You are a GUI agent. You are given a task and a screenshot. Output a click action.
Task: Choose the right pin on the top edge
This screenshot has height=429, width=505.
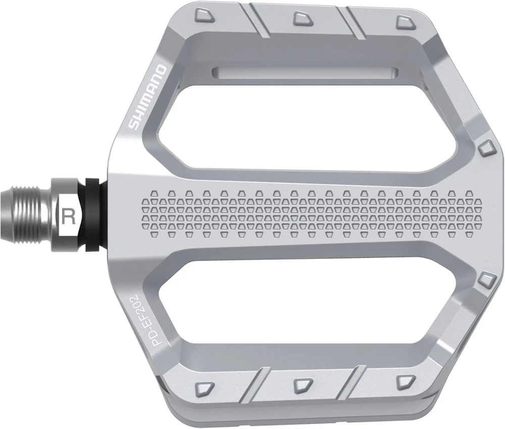(x=404, y=21)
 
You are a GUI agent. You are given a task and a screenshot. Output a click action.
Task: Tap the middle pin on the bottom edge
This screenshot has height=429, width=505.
(x=302, y=384)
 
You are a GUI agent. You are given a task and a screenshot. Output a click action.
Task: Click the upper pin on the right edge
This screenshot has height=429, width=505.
(x=487, y=148)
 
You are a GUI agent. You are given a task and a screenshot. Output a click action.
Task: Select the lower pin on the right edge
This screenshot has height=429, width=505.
(x=487, y=279)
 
